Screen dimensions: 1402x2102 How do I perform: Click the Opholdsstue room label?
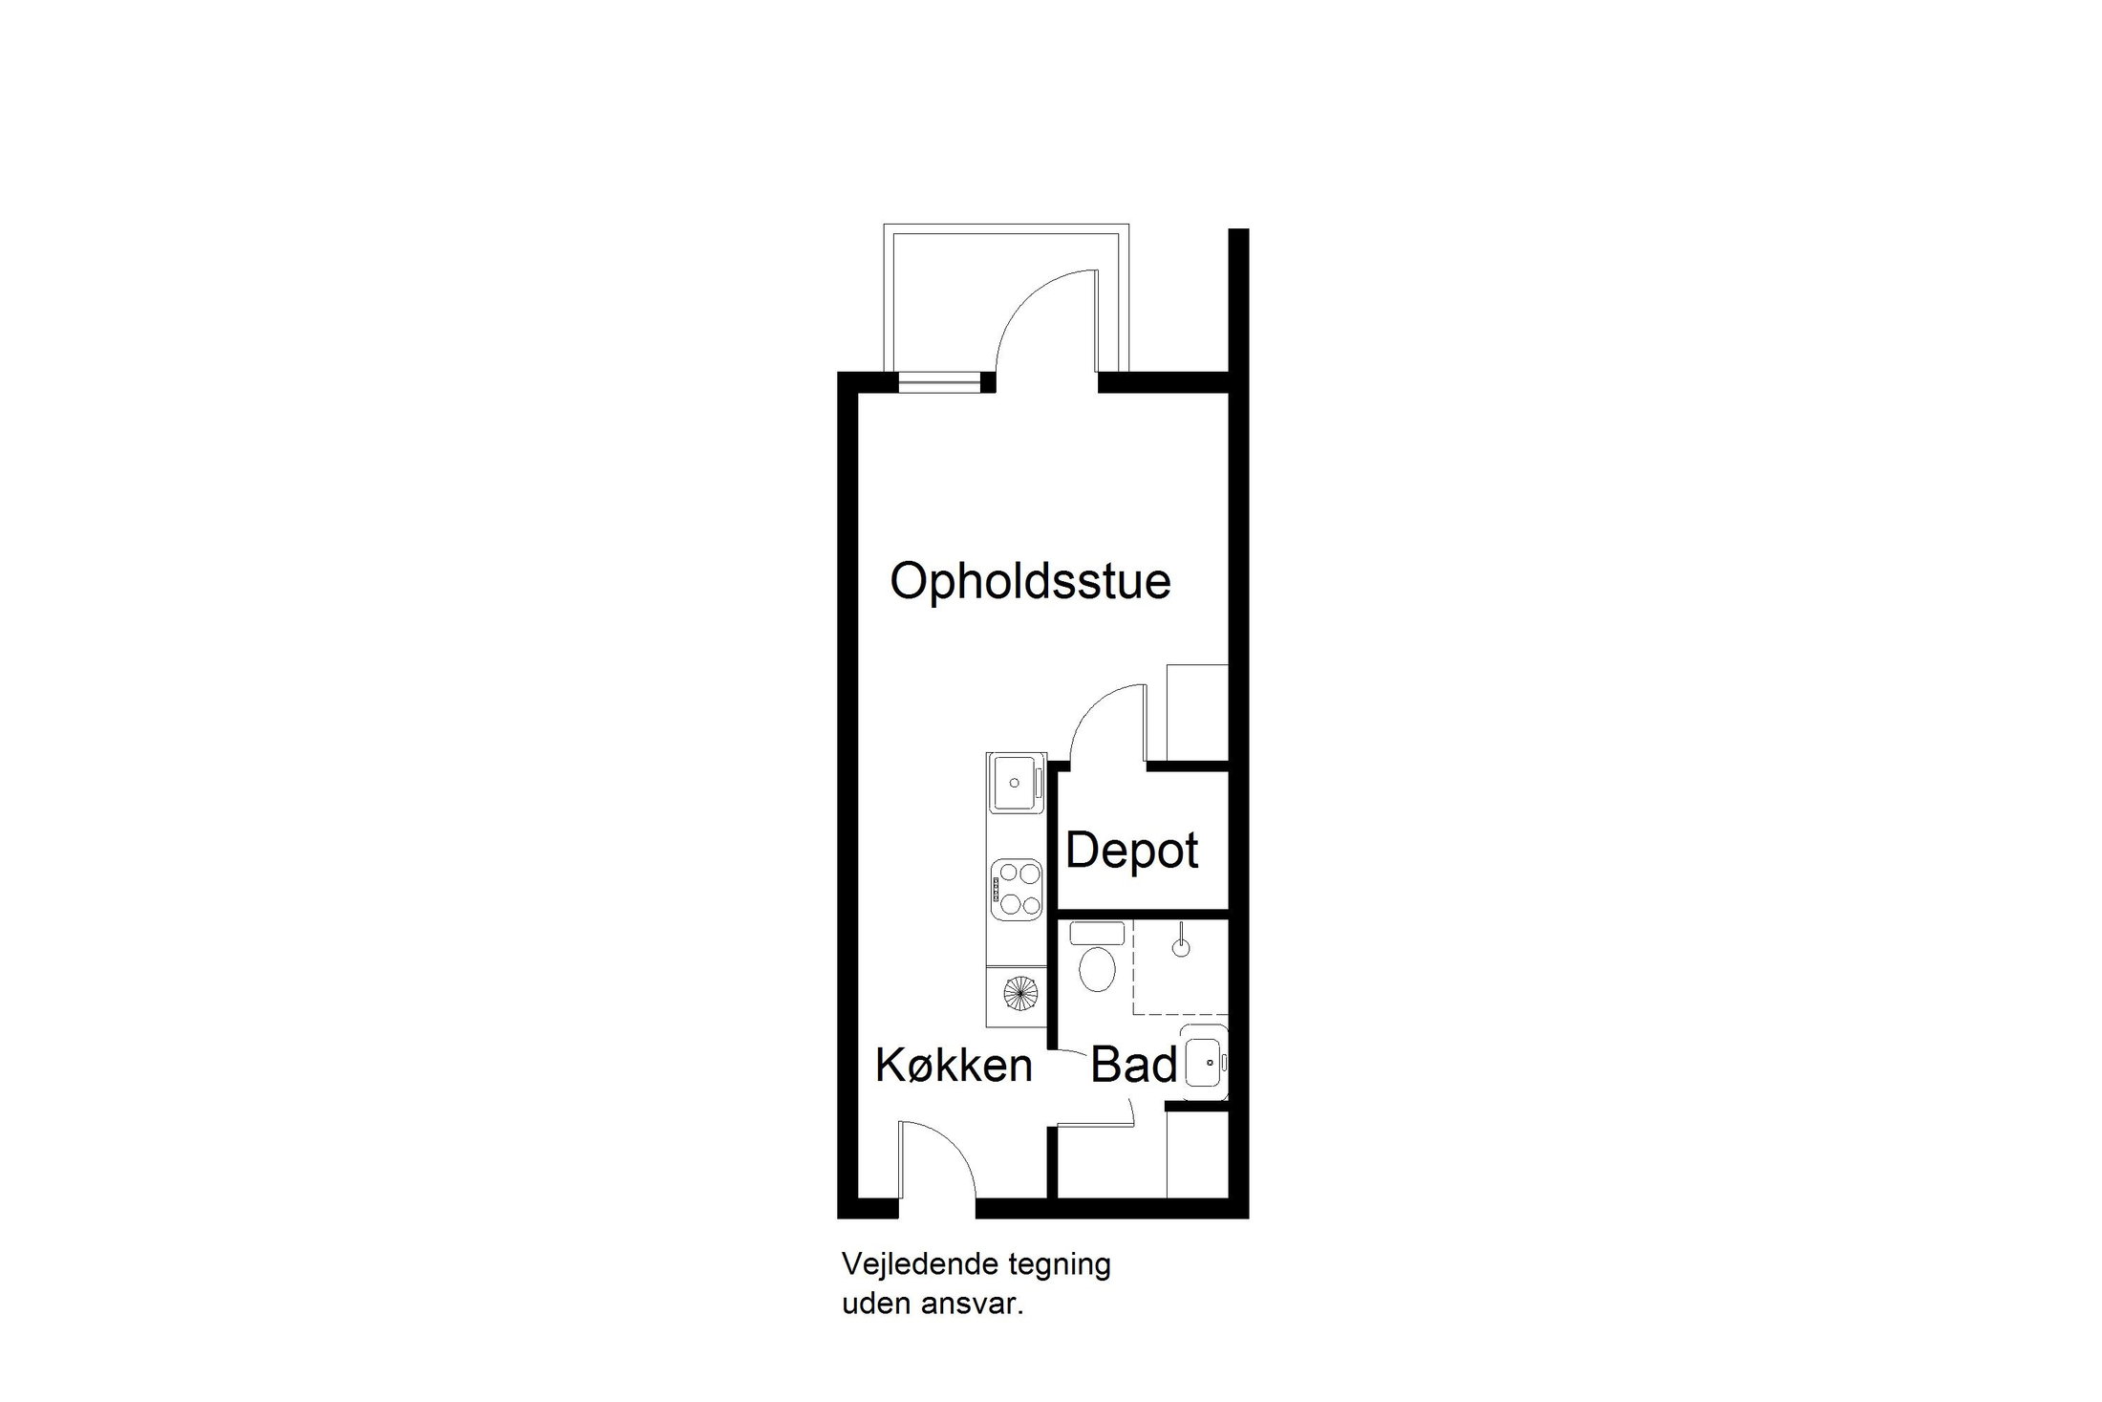point(1030,582)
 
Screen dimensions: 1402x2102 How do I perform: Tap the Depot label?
point(1131,851)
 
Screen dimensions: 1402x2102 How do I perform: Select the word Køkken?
point(954,1065)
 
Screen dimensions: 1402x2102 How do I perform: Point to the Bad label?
point(1133,1065)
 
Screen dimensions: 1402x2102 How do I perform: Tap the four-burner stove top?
point(1016,889)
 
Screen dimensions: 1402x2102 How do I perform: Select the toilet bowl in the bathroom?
point(1096,967)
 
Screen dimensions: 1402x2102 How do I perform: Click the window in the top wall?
point(940,382)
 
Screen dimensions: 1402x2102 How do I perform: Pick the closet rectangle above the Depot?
point(1196,713)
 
